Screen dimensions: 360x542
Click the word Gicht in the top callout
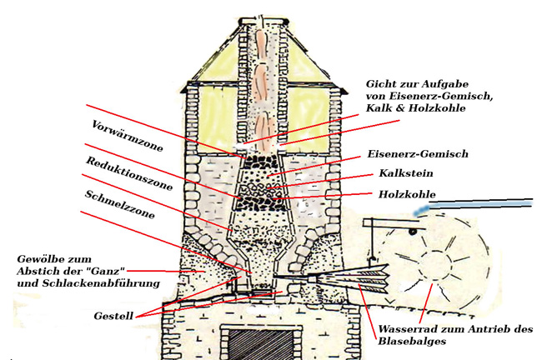pyautogui.click(x=380, y=86)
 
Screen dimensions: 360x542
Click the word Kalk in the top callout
pyautogui.click(x=380, y=112)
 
